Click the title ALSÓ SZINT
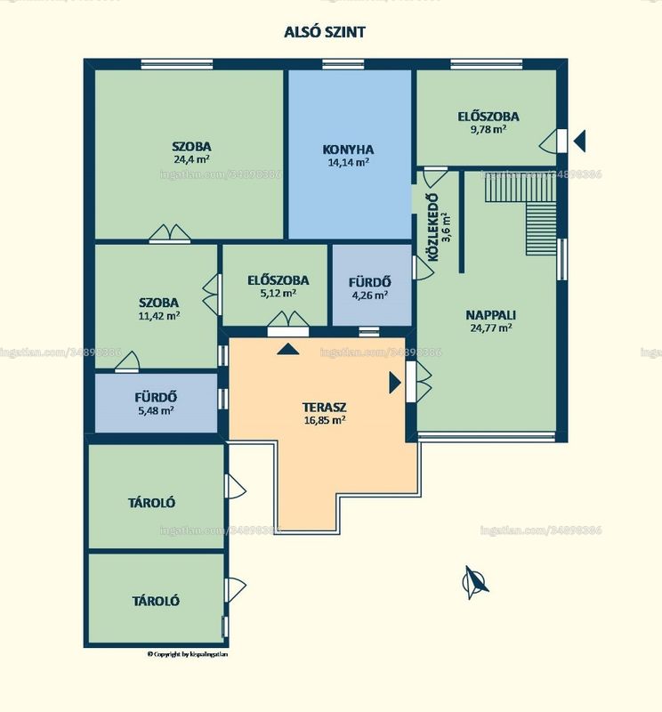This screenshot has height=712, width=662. [325, 32]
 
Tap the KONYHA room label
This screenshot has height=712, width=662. [348, 150]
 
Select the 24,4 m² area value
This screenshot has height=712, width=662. [191, 159]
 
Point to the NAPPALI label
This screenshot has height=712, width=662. [491, 315]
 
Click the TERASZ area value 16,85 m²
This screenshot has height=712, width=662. [325, 420]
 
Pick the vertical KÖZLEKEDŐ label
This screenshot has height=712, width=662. [433, 228]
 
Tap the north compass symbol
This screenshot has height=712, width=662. [474, 582]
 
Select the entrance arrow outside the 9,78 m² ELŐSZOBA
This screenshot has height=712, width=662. [580, 141]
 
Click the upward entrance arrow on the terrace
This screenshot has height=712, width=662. [288, 349]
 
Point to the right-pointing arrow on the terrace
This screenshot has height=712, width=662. [395, 383]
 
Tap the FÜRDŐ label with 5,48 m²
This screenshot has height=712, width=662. [156, 397]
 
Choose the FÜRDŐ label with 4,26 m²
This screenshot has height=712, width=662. [369, 282]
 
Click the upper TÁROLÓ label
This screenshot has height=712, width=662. [151, 503]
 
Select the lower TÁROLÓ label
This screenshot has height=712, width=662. [156, 602]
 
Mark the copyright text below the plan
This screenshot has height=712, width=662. [188, 654]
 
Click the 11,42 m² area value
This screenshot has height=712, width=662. [159, 315]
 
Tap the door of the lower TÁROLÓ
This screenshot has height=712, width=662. [235, 590]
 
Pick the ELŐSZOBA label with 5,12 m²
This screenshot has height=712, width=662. [278, 280]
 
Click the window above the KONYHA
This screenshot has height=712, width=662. [343, 64]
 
